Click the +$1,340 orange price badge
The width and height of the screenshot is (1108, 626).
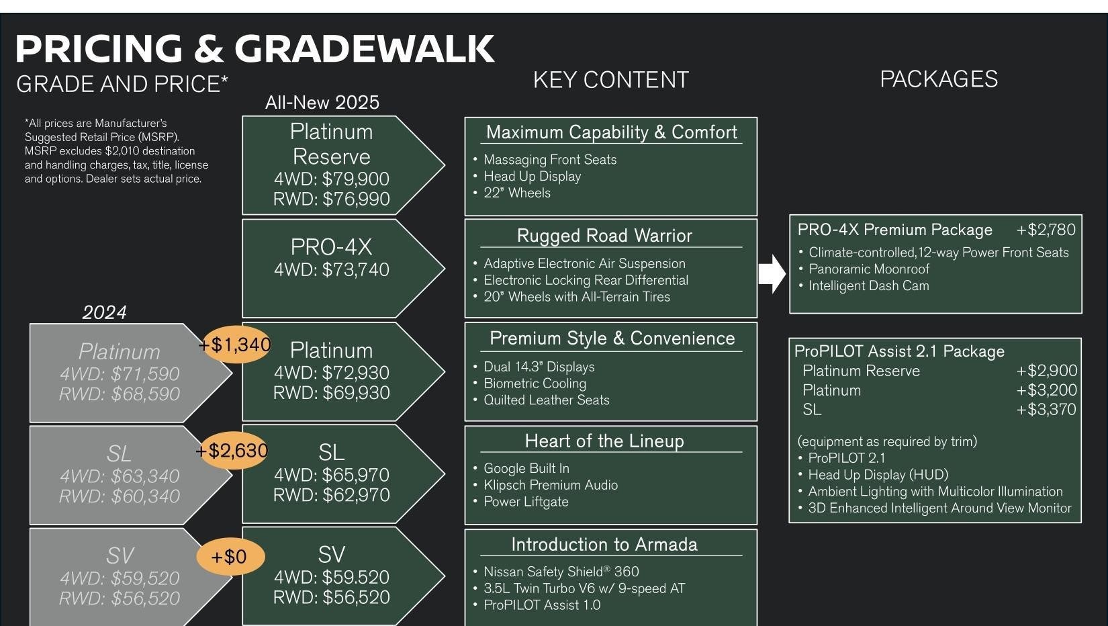(x=234, y=345)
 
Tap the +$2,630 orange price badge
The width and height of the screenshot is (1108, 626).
(x=232, y=450)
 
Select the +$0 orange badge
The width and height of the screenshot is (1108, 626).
(x=230, y=556)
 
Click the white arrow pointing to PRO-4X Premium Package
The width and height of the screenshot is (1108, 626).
(x=772, y=274)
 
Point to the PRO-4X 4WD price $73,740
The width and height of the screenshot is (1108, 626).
(x=331, y=270)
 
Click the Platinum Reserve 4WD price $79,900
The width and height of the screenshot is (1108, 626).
(x=331, y=179)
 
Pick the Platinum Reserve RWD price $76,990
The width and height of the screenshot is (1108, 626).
(x=331, y=199)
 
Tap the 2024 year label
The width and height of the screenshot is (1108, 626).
(x=104, y=312)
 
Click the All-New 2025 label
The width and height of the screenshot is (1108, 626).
(x=322, y=102)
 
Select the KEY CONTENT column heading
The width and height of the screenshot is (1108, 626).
(x=610, y=80)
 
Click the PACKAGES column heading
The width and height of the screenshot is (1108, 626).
(x=938, y=79)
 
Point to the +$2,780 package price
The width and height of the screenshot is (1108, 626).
(x=1046, y=230)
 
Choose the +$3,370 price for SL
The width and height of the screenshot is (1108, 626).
(x=1046, y=410)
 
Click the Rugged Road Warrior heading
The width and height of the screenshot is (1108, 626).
(x=604, y=236)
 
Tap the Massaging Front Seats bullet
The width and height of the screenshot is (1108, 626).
(x=549, y=160)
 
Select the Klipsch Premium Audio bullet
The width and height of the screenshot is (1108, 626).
(x=550, y=485)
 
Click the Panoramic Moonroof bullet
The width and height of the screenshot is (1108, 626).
(x=868, y=269)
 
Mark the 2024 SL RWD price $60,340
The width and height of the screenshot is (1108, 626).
(x=120, y=496)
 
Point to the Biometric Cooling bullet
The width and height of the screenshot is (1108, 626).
(x=535, y=384)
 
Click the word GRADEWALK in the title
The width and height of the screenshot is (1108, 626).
(x=364, y=48)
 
